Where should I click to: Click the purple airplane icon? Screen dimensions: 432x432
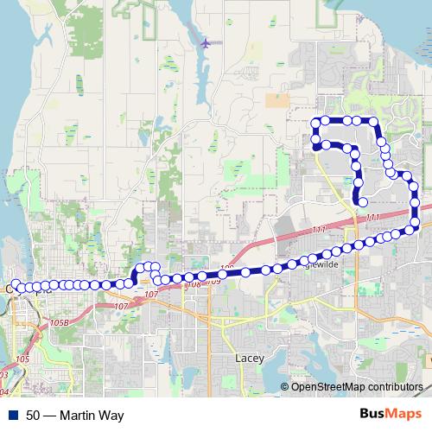click(206, 42)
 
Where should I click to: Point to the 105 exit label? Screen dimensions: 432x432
click(23, 358)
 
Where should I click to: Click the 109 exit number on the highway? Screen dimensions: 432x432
click(213, 281)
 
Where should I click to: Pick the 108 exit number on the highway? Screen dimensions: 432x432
click(194, 284)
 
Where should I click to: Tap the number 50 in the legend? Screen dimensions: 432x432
click(33, 416)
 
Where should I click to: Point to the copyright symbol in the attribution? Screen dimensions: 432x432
click(286, 386)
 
